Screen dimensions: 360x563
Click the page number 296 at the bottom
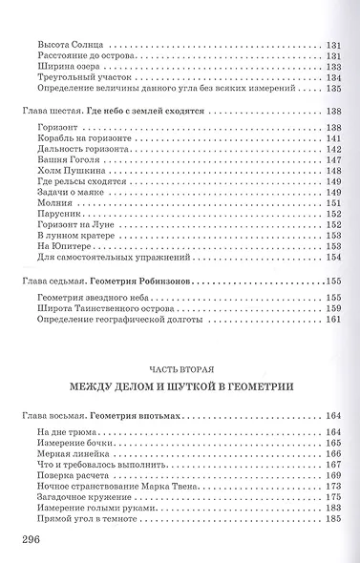click(30, 540)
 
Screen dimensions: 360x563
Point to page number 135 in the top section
click(333, 91)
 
